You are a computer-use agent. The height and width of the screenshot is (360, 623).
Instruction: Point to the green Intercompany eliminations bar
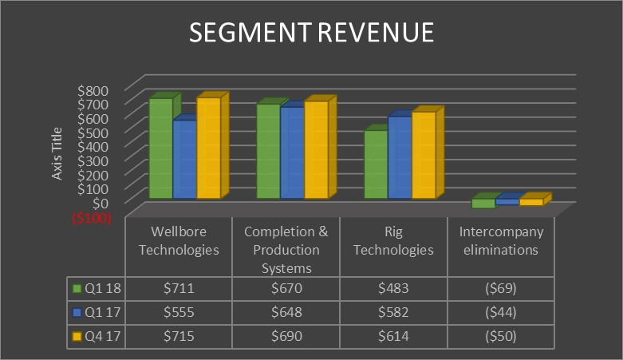click(483, 204)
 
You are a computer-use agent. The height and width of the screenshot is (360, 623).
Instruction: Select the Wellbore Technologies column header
click(179, 240)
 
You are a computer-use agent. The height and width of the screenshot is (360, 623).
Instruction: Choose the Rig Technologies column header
click(393, 240)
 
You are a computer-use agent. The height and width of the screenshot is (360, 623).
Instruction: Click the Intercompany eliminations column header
click(501, 240)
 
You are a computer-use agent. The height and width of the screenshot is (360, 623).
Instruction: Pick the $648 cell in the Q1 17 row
click(286, 311)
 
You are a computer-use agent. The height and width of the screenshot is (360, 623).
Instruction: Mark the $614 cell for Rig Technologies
click(393, 335)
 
